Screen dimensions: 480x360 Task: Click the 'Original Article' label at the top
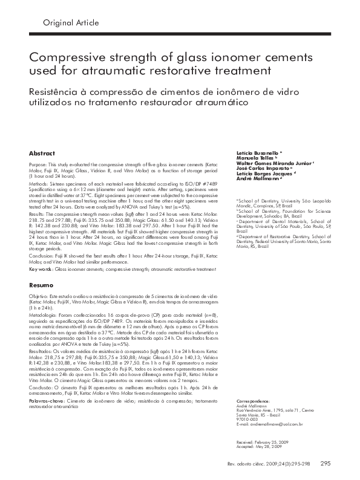71,23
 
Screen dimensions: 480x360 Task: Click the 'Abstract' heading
42,154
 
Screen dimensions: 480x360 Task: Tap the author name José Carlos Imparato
261,170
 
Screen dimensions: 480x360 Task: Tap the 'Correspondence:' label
252,400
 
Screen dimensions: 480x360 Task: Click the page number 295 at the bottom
324,464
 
